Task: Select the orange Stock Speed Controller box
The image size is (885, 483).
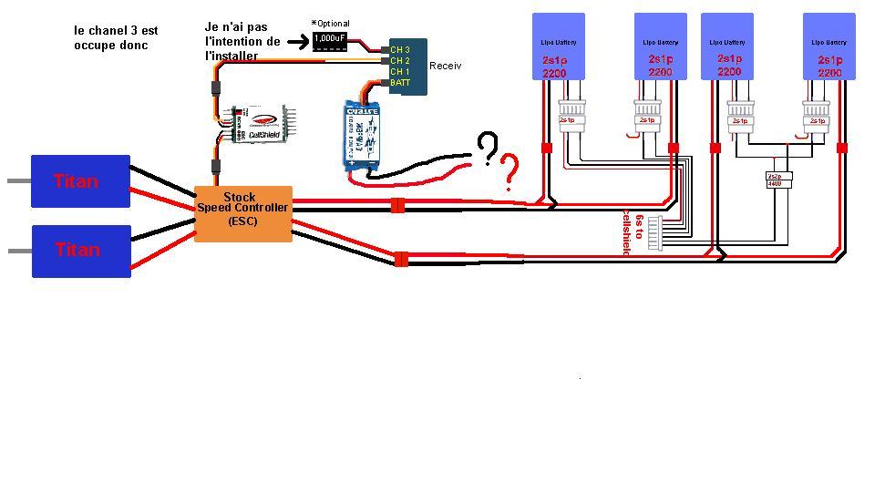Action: point(243,213)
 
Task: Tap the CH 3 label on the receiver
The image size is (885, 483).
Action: point(400,49)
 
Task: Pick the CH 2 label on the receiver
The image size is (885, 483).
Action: point(400,60)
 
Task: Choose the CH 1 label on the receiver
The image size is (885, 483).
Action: point(400,71)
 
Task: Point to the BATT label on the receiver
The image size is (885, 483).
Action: point(400,83)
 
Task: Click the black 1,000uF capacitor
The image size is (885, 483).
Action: point(329,39)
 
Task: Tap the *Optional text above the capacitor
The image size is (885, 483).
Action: point(330,24)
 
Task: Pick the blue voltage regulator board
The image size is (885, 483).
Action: point(362,135)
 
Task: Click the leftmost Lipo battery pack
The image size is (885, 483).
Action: point(559,46)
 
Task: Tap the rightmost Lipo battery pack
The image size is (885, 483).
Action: point(828,46)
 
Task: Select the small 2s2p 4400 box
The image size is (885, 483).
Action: point(776,180)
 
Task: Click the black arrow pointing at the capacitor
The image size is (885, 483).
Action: point(297,41)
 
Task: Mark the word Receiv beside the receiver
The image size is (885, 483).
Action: point(445,66)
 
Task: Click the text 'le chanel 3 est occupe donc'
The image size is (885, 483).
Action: point(116,37)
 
